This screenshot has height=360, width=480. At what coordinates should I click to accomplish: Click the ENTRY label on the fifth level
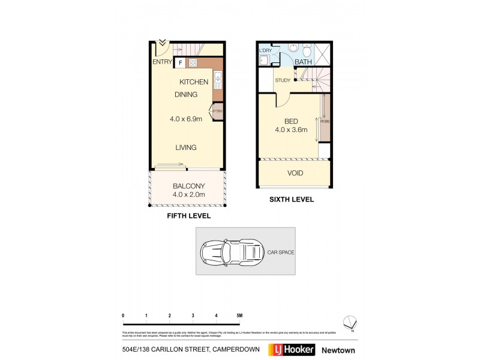(x=162, y=62)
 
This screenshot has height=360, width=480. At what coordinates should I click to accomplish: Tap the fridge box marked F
(x=179, y=62)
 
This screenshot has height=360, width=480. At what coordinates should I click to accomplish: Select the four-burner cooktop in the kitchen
(x=194, y=62)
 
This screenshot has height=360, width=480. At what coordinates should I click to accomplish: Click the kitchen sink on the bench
(x=217, y=78)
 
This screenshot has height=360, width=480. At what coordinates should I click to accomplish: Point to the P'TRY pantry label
(x=217, y=111)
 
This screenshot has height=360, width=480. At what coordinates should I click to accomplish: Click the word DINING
(x=186, y=95)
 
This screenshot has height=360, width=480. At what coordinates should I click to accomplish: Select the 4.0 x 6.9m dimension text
(x=186, y=119)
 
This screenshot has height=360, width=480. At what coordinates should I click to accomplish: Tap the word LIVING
(x=186, y=148)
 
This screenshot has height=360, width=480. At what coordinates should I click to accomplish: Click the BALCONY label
(x=190, y=185)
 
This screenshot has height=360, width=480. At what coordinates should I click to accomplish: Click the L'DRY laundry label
(x=265, y=50)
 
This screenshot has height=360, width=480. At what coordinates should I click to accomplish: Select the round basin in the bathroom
(x=293, y=47)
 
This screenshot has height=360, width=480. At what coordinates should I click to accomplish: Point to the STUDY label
(x=283, y=80)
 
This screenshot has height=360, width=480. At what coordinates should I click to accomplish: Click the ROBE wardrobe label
(x=325, y=122)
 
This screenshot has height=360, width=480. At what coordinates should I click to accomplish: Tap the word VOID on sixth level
(x=295, y=173)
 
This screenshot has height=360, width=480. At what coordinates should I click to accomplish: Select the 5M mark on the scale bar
(x=239, y=316)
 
